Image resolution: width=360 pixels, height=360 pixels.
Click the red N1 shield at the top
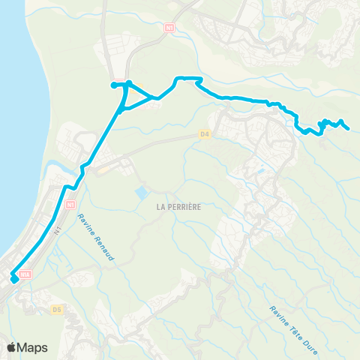coord(169,26)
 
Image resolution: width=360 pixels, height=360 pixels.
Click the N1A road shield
coord(25,275)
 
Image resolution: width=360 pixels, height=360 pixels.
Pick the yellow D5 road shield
coord(57,308)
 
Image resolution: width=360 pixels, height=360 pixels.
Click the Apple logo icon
coord(12,347)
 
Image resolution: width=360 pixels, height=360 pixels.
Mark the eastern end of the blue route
coord(349,128)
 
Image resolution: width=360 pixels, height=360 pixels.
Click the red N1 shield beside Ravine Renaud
coord(70,203)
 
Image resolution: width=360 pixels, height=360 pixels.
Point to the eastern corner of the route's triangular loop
coord(156,97)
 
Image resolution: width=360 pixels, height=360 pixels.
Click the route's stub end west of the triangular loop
coord(113,85)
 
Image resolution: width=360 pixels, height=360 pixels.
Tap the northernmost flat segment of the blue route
coord(189,78)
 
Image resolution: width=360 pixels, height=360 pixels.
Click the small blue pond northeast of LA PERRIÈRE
coord(260,171)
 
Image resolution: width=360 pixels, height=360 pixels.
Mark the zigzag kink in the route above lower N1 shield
coord(72,186)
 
